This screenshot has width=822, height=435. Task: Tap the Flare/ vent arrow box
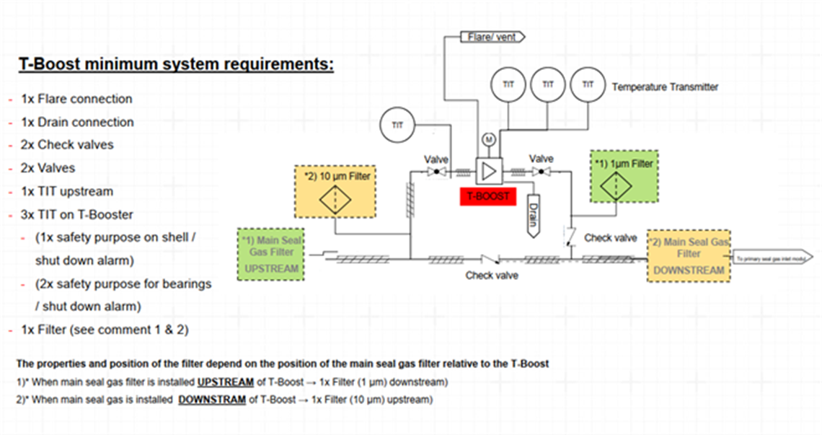point(493,36)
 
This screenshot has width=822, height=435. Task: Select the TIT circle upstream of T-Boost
point(397,124)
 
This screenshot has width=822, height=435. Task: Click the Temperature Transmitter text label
point(665,87)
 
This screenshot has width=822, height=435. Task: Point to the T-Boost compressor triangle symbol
point(488,171)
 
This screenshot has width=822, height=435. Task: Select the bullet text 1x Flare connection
point(76,99)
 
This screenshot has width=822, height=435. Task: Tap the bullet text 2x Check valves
point(67,144)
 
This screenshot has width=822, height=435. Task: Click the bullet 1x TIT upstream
point(67,191)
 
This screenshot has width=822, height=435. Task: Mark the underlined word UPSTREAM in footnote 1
point(226,382)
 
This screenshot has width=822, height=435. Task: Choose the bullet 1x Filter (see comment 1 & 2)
point(105,330)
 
